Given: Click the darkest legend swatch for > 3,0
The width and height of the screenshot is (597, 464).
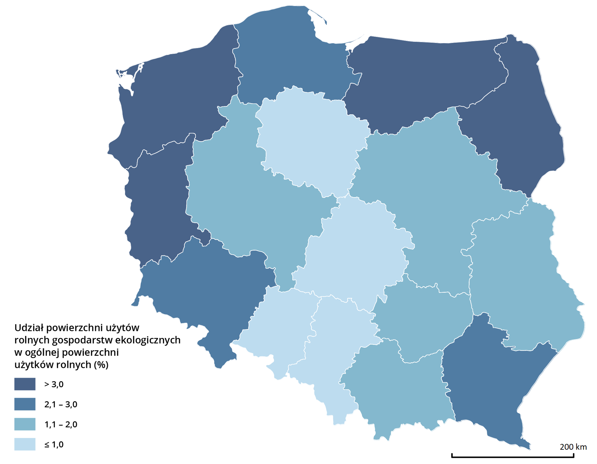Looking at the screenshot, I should [25, 384].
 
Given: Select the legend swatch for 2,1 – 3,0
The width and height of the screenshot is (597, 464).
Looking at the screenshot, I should [25, 404].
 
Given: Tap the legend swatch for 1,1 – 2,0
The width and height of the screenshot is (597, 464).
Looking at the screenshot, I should [25, 424].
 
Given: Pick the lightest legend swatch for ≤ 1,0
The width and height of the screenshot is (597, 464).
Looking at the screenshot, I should [25, 444].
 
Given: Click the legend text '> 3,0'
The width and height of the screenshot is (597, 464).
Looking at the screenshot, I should [54, 384].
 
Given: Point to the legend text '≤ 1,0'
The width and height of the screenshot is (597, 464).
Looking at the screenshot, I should [54, 444].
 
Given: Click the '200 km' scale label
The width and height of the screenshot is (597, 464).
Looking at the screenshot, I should [573, 447].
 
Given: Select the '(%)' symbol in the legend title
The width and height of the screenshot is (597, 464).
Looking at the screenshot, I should [101, 364].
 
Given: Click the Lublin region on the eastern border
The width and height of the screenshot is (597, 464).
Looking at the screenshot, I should [522, 280].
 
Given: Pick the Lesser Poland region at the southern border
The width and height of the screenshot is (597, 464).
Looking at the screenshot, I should [398, 392].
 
